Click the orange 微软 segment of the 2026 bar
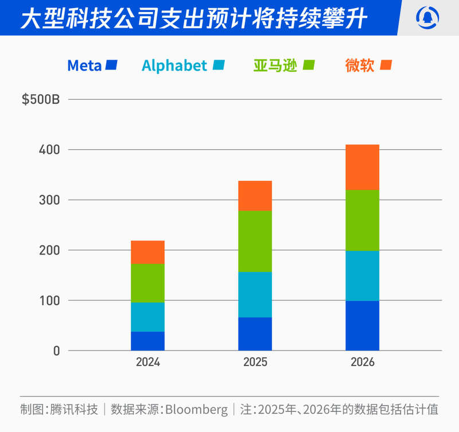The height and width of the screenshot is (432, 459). pyautogui.click(x=362, y=167)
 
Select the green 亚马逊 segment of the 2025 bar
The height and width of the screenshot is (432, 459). pyautogui.click(x=255, y=241)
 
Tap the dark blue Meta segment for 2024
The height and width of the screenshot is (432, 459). pyautogui.click(x=147, y=341)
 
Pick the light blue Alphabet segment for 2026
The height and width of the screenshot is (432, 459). pyautogui.click(x=362, y=275)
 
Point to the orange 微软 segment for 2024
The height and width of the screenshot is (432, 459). pyautogui.click(x=147, y=252)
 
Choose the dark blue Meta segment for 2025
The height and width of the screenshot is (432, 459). pyautogui.click(x=255, y=333)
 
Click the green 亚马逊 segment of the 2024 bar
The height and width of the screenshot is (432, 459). pyautogui.click(x=147, y=283)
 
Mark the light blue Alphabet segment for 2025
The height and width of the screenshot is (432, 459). pyautogui.click(x=255, y=294)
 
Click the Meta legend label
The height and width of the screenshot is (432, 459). pyautogui.click(x=84, y=66)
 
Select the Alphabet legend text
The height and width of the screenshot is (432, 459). pyautogui.click(x=174, y=66)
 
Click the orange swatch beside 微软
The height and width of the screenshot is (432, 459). pyautogui.click(x=386, y=65)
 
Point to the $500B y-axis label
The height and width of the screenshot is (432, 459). pyautogui.click(x=41, y=99)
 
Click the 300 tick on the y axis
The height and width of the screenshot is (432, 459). pyautogui.click(x=49, y=200)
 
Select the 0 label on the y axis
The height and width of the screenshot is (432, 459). pyautogui.click(x=56, y=351)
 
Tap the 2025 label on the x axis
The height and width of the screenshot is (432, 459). pyautogui.click(x=255, y=363)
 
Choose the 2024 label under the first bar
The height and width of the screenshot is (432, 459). pyautogui.click(x=147, y=363)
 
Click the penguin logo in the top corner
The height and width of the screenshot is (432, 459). pyautogui.click(x=427, y=17)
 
